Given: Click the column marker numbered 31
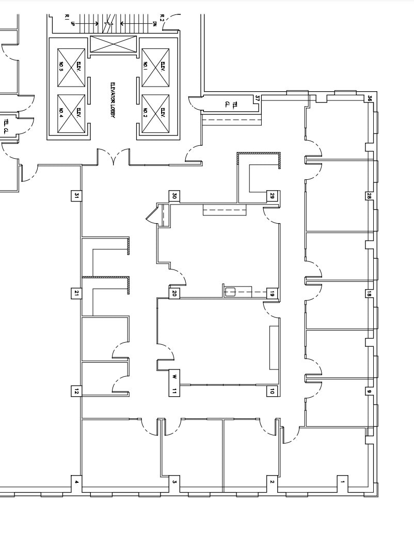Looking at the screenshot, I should (x=76, y=196).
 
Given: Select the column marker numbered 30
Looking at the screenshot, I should (x=174, y=196).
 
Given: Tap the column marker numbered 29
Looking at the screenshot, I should (x=272, y=196).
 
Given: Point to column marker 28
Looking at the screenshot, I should (x=369, y=196).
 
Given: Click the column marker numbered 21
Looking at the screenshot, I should (x=76, y=293).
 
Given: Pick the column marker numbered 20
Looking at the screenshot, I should (x=174, y=293).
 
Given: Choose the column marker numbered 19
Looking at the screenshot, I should (x=272, y=293).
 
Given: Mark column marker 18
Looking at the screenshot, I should (x=369, y=294).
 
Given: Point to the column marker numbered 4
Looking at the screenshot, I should (x=76, y=482).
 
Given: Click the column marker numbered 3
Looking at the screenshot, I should (x=174, y=482).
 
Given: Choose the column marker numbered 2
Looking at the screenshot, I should (x=272, y=482).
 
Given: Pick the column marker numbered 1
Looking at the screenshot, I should (x=341, y=482).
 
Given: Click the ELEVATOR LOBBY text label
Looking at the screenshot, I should (x=113, y=101).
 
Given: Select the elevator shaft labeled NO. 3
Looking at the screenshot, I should (x=71, y=67).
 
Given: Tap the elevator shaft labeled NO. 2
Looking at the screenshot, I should (x=155, y=112).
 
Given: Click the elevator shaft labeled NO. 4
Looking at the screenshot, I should (x=71, y=112).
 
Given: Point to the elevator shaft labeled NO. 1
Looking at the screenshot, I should (x=155, y=67).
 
